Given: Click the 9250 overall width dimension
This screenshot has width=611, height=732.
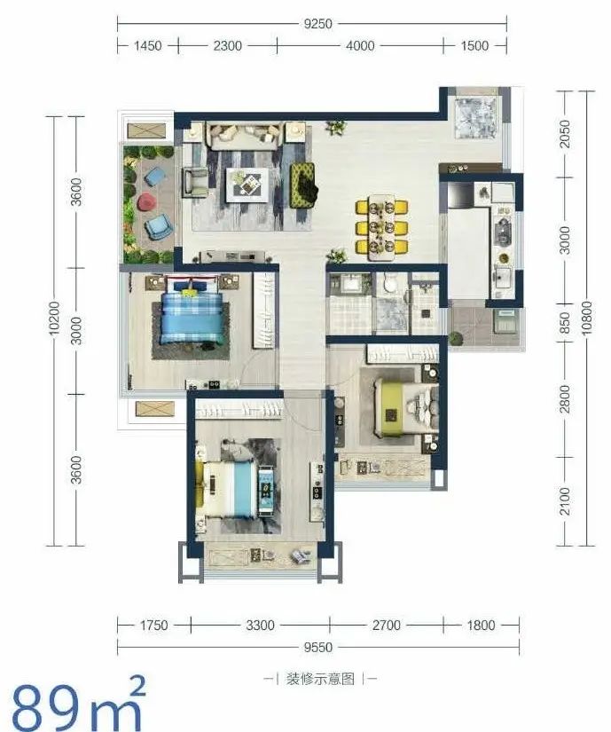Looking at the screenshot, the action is click(317, 23).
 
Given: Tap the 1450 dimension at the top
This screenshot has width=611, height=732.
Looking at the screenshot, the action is click(147, 46).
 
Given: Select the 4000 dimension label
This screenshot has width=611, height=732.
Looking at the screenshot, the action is click(360, 46).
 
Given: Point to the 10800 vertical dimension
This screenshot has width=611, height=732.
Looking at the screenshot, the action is click(587, 318).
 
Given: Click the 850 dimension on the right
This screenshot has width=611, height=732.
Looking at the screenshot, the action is click(564, 323).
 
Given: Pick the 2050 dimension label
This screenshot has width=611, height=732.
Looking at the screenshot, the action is click(564, 134).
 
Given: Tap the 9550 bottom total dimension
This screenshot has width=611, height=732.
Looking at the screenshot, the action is click(318, 648).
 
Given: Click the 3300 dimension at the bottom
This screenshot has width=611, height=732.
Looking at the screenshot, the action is click(260, 626).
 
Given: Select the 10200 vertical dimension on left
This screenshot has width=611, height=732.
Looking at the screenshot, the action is click(55, 318).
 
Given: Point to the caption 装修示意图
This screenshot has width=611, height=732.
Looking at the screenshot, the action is click(320, 679).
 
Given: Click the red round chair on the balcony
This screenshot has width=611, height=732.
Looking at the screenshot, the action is click(147, 201).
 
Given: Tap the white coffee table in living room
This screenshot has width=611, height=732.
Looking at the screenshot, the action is click(247, 185).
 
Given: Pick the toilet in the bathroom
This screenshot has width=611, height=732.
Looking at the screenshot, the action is click(388, 283).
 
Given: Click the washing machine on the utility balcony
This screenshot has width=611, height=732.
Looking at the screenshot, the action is click(505, 320).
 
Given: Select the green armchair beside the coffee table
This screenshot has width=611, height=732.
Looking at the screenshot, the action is click(304, 185).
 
